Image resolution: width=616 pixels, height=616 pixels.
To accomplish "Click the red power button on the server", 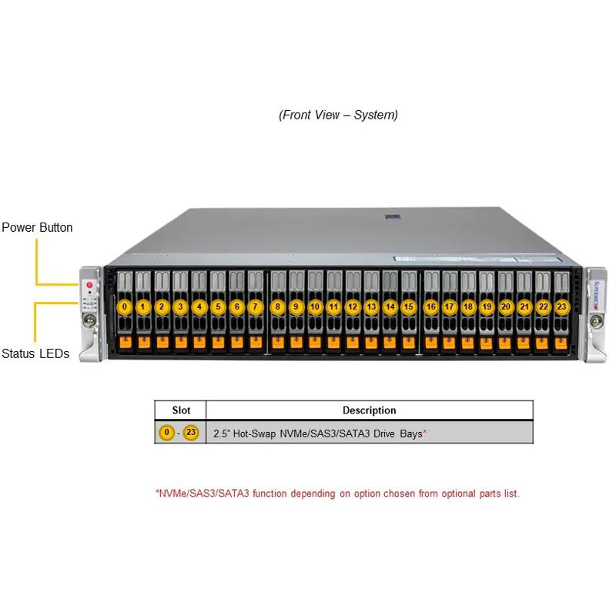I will (89, 285).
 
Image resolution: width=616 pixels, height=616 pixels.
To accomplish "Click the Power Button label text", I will (37, 227).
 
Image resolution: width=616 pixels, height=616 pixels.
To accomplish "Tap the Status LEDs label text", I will (35, 353).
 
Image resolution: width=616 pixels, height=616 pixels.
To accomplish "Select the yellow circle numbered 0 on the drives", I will (124, 306).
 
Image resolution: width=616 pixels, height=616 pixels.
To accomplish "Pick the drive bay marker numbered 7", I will (256, 306).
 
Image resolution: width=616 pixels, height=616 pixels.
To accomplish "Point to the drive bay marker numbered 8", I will (277, 306).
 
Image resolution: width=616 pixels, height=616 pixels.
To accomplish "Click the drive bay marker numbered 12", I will (352, 306).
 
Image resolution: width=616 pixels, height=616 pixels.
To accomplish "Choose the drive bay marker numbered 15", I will (409, 306).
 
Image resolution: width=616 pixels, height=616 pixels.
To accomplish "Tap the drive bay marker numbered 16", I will (430, 306).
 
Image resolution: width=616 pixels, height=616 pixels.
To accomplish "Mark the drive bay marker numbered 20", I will (505, 306).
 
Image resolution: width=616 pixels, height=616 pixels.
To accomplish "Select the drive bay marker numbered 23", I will (562, 306).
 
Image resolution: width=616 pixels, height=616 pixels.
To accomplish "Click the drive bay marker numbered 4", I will (199, 306).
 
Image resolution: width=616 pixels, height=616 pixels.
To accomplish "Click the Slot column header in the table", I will (180, 410).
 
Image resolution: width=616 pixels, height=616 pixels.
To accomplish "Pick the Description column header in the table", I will (369, 410).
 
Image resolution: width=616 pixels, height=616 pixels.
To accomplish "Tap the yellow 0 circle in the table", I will (166, 433).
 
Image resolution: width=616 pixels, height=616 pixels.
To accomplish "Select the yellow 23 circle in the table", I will (190, 433).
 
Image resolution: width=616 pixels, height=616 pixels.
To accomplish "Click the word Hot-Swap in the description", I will (258, 434).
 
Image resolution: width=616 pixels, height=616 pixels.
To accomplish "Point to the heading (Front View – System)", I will (338, 115).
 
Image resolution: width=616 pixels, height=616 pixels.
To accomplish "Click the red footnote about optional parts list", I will (337, 493).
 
